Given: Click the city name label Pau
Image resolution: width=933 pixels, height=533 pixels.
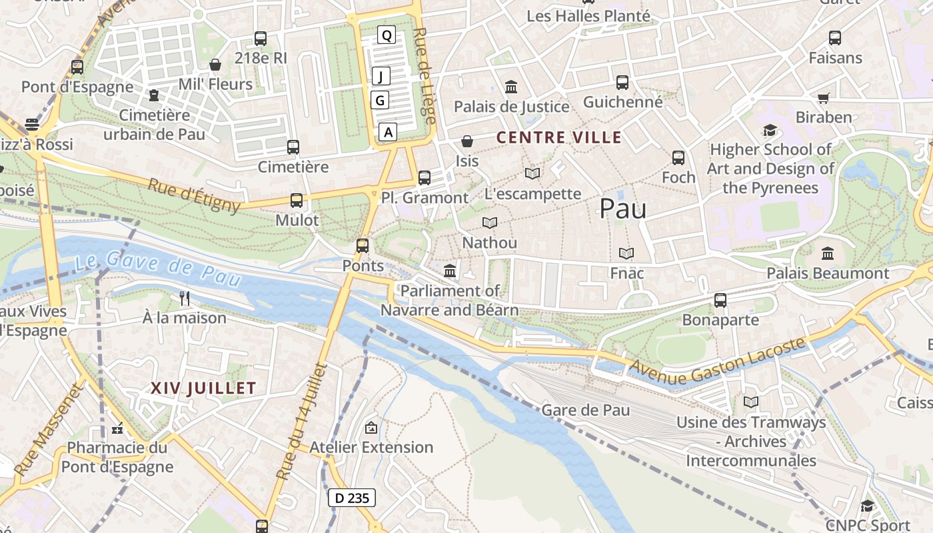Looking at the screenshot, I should (622, 209).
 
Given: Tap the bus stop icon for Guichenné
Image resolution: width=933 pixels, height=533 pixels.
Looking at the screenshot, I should (622, 83).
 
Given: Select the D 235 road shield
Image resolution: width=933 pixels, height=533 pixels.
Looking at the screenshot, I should (352, 498).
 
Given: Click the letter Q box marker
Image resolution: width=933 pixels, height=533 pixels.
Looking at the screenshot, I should (386, 35).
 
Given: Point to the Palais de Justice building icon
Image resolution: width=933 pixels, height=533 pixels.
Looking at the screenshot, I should (511, 87).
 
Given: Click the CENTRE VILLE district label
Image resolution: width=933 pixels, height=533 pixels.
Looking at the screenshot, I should (559, 138).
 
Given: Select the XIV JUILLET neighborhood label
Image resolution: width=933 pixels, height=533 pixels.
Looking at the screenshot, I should (203, 388).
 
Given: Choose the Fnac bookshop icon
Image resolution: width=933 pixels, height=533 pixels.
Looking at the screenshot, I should (626, 253).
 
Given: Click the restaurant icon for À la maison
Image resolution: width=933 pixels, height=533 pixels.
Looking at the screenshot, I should (185, 298).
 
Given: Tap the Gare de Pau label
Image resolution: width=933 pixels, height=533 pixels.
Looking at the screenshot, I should (586, 410).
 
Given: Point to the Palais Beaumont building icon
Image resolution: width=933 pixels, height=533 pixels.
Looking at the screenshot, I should (828, 253).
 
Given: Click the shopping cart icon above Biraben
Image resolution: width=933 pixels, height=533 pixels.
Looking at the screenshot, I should (824, 98).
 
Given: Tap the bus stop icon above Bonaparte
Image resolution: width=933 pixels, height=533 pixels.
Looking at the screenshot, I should (720, 300).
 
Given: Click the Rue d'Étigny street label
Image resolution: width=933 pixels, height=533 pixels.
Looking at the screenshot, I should (193, 195).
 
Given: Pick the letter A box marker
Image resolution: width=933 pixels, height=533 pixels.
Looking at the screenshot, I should (388, 132).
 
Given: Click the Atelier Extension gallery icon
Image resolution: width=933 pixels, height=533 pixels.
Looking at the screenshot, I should (371, 428).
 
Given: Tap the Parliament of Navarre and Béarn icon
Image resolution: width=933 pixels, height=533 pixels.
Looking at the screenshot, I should (450, 271).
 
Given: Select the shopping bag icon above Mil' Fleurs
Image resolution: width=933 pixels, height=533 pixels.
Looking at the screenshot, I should (215, 65).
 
